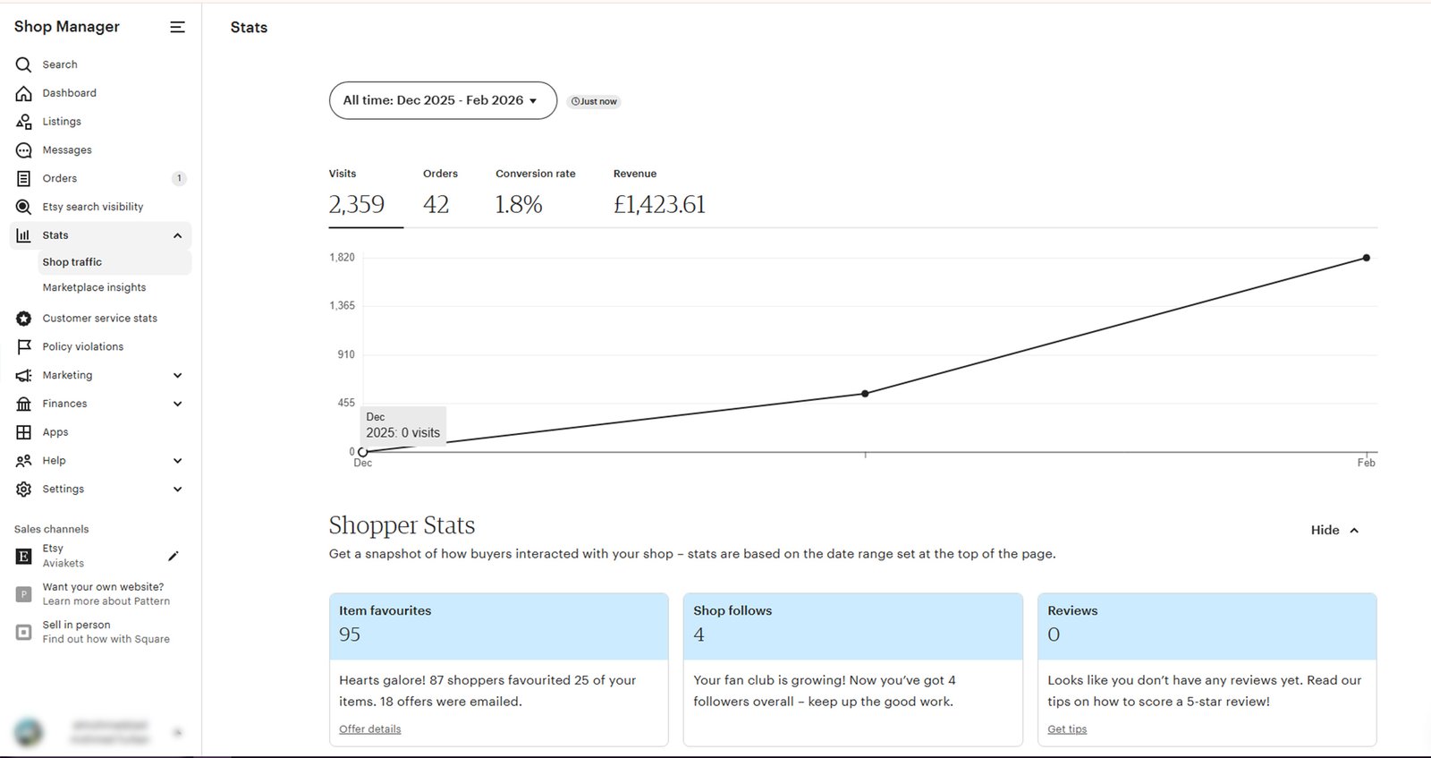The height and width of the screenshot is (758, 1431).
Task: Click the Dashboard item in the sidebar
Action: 69,93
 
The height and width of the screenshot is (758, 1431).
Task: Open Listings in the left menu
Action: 61,122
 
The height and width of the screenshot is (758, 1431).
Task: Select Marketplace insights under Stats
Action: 94,287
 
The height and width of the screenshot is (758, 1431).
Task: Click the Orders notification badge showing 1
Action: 179,178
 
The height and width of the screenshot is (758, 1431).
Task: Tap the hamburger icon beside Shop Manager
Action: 177,27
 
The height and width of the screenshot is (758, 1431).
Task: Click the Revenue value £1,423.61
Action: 659,205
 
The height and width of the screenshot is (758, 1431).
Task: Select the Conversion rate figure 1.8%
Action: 519,205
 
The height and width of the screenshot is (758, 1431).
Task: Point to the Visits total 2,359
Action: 356,205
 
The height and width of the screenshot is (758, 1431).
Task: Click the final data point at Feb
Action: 1366,258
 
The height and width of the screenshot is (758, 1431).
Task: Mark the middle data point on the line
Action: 865,394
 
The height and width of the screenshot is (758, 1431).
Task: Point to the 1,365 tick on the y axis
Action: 342,306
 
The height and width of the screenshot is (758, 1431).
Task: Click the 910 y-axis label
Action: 345,354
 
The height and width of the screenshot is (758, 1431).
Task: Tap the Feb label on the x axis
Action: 1366,463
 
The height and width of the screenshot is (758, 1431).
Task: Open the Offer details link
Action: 369,729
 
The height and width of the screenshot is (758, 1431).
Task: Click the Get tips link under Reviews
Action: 1067,729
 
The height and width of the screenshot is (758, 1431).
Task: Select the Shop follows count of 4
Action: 699,635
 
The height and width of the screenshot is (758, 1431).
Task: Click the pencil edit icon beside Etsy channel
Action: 174,556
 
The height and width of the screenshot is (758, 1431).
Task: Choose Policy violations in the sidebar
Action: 82,346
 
